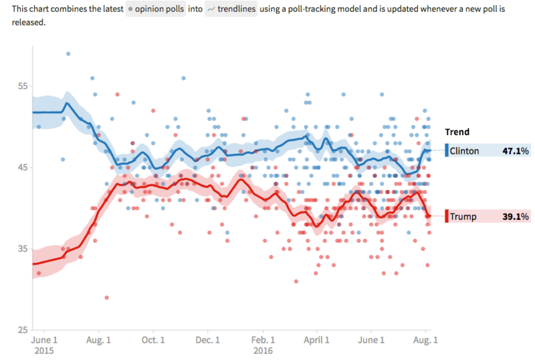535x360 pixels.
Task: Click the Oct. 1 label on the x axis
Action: [x=154, y=340]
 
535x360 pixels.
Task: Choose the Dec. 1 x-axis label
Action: [x=208, y=340]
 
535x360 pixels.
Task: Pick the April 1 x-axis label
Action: [x=317, y=340]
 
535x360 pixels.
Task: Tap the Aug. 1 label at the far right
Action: [x=426, y=340]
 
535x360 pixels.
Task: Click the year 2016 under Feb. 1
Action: [x=262, y=350]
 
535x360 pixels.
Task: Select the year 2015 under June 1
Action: [x=45, y=350]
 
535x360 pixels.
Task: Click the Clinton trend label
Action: [x=464, y=151]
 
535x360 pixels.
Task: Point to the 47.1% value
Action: [x=516, y=151]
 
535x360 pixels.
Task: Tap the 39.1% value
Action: [x=516, y=217]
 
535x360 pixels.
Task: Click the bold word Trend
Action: [x=458, y=132]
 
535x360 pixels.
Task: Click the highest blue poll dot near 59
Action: [x=68, y=54]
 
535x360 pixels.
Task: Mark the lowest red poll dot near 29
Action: [x=106, y=297]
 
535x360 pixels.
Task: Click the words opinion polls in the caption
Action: [x=161, y=10]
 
